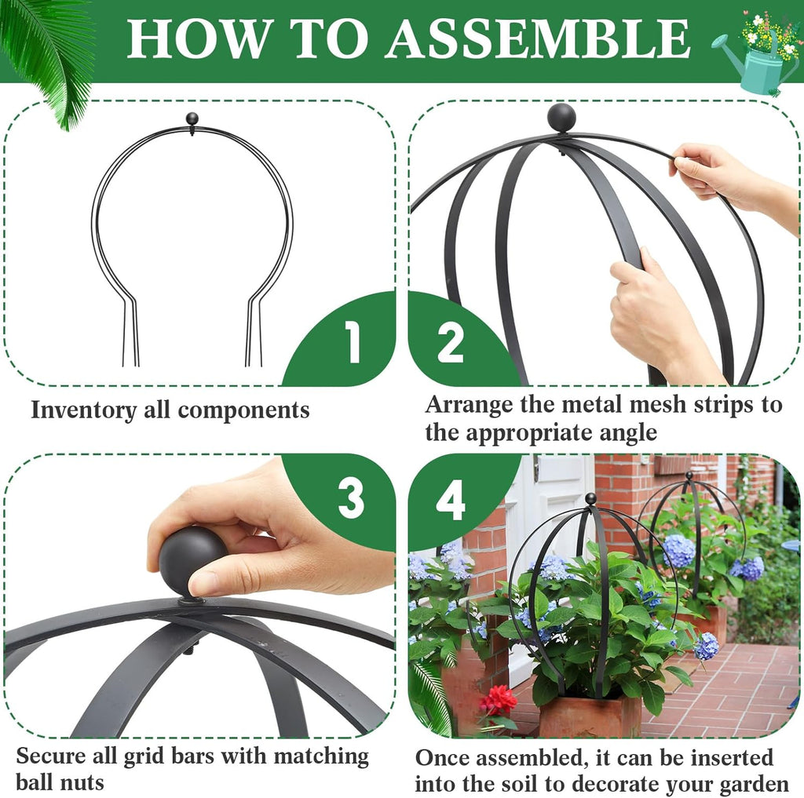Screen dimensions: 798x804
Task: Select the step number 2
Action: pyautogui.click(x=451, y=343)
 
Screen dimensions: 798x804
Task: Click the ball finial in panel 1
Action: pyautogui.click(x=192, y=119)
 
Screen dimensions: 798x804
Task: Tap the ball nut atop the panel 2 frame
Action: pyautogui.click(x=561, y=118)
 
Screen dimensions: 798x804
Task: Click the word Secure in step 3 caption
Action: pyautogui.click(x=52, y=756)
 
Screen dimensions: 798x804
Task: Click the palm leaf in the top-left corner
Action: pyautogui.click(x=51, y=55)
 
